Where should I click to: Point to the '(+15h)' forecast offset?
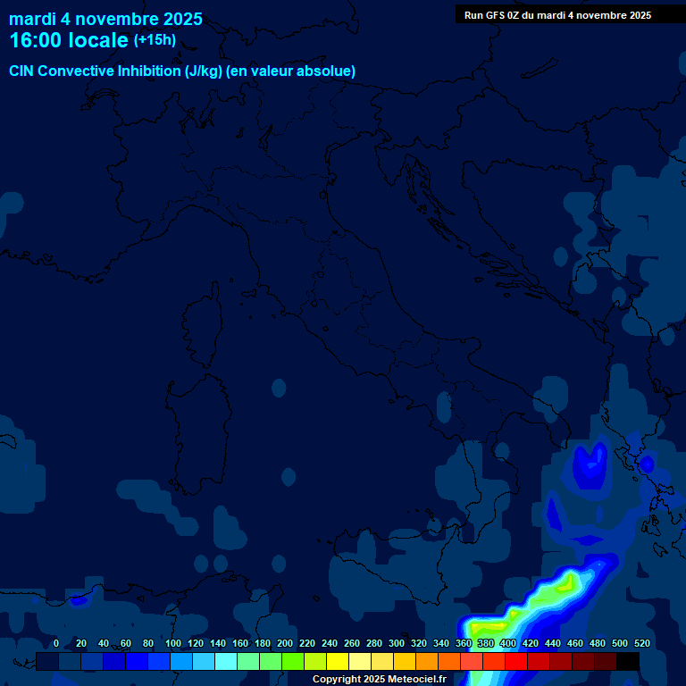click(x=155, y=40)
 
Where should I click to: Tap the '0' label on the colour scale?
click(x=56, y=643)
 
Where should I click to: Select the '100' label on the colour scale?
click(x=173, y=643)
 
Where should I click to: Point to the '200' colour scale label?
click(x=285, y=643)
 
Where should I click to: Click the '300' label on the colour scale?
click(x=397, y=643)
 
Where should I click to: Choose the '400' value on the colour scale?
click(x=508, y=643)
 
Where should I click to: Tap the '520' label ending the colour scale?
click(x=641, y=643)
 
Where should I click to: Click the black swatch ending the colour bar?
click(x=628, y=662)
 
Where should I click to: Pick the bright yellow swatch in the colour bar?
click(x=338, y=662)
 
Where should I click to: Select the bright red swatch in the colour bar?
click(x=516, y=662)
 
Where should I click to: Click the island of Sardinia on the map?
click(x=195, y=420)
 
